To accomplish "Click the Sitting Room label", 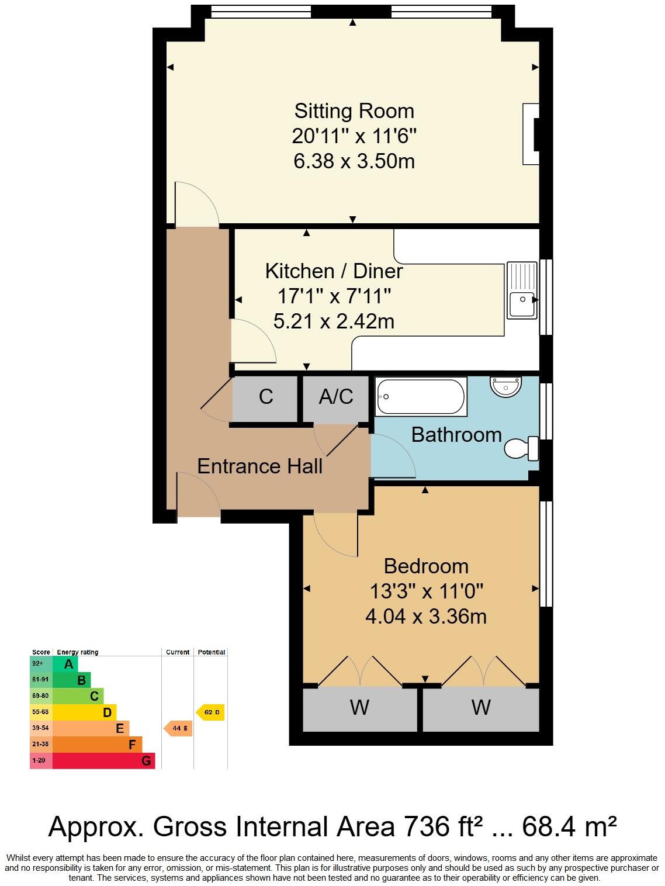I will [x=354, y=111].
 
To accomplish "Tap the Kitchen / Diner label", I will [x=334, y=271].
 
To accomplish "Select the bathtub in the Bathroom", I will [x=421, y=397].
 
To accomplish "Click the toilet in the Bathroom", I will [x=522, y=448].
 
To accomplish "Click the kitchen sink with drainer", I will [x=522, y=290].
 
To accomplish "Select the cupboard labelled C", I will [x=265, y=397].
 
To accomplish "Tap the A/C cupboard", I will [x=336, y=397].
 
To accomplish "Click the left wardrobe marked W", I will [x=360, y=708].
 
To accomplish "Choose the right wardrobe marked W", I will [x=481, y=708].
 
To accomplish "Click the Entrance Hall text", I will [x=259, y=466].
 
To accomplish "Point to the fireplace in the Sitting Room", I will [x=531, y=134].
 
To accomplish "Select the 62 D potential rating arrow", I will [x=211, y=712].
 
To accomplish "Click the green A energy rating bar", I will [x=65, y=664].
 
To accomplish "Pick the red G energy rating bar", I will [x=104, y=761].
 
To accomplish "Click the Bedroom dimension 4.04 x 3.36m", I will [x=425, y=617].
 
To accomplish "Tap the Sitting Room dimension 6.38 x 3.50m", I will [x=354, y=161].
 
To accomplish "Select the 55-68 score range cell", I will [x=41, y=712].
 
